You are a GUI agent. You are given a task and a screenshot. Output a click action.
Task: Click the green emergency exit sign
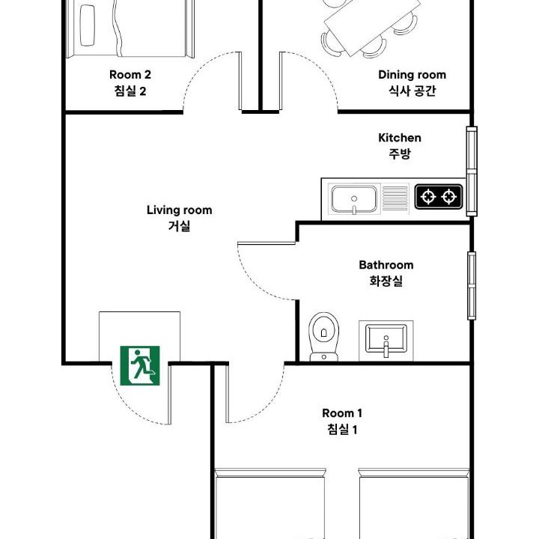140,365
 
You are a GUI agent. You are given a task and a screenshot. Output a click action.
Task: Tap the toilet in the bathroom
323,337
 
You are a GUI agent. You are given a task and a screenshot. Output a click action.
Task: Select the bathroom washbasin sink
386,341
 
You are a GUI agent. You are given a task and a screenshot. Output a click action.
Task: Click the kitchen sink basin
354,199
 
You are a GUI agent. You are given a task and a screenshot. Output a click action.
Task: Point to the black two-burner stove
439,197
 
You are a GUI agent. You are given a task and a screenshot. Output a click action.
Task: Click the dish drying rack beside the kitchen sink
395,198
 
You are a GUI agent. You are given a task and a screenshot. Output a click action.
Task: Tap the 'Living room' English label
179,210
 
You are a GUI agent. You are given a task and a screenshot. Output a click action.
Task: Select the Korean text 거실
179,226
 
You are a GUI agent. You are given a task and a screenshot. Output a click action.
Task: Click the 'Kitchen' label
400,138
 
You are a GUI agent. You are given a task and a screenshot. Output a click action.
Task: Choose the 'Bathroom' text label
386,265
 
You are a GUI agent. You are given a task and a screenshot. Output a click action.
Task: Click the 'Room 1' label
342,412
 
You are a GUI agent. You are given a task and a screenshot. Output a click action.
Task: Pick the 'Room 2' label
130,75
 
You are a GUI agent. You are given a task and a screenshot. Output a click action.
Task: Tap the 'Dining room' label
412,75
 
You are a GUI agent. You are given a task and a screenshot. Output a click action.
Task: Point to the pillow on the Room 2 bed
87,25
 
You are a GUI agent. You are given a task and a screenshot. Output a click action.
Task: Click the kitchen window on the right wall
472,171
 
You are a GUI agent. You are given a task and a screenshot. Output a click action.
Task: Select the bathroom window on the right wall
472,286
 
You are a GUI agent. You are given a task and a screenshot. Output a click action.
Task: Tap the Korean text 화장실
386,281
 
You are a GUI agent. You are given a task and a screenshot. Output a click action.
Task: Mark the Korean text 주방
400,153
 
